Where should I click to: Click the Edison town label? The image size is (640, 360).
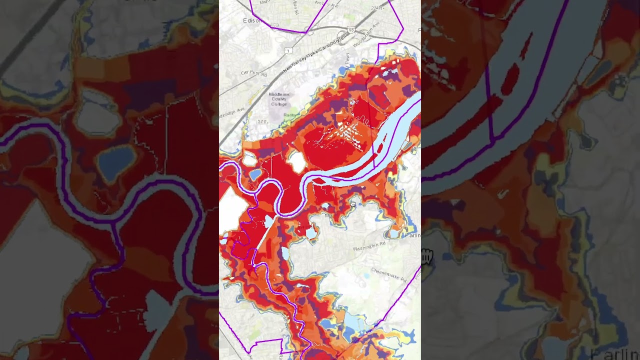(x=252, y=20)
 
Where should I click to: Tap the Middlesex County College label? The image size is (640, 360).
(x=278, y=99)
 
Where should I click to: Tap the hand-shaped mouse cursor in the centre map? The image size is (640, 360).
(x=353, y=203)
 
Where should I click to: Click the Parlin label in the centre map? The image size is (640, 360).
(x=413, y=235)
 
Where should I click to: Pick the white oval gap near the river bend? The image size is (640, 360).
(x=297, y=161)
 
